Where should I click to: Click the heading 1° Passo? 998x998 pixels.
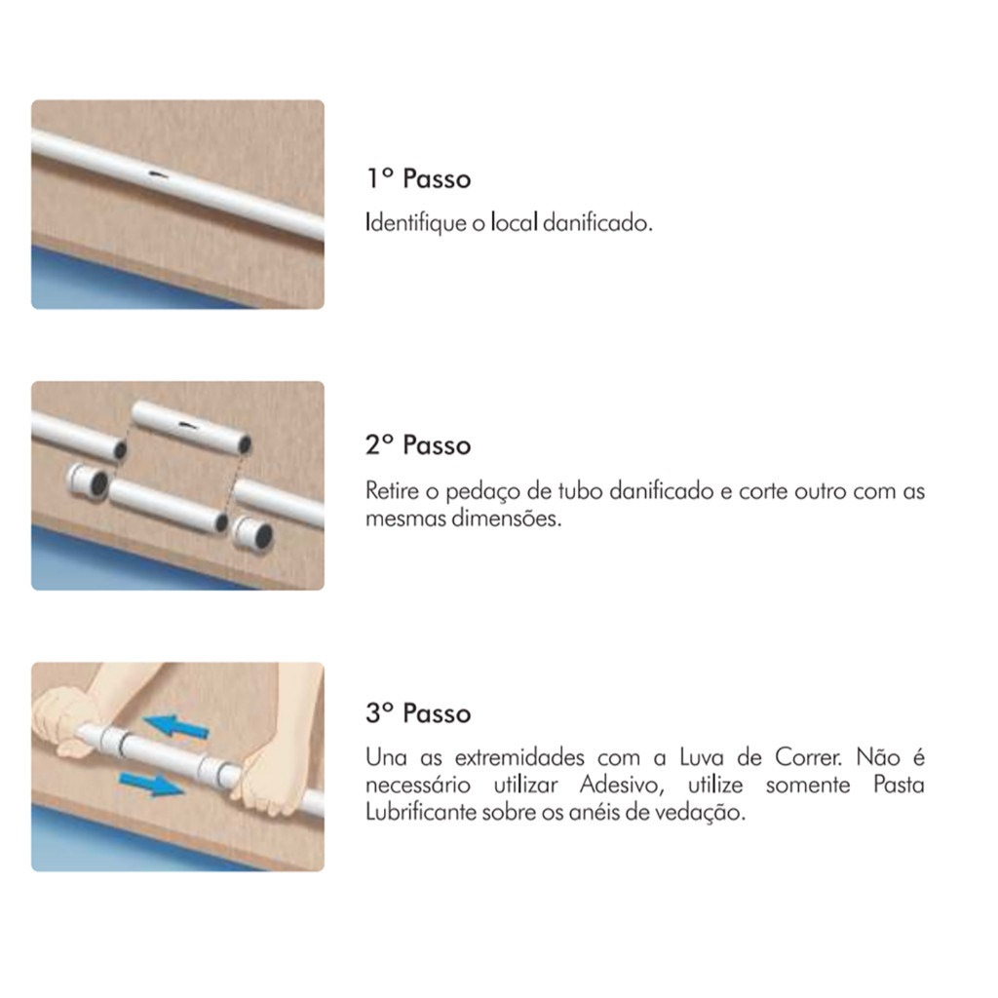click(418, 179)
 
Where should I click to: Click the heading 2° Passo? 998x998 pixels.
click(418, 444)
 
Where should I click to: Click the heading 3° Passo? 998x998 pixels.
click(418, 712)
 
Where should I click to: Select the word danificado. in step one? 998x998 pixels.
click(598, 223)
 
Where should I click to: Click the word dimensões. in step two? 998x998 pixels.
click(507, 518)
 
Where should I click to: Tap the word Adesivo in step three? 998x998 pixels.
click(621, 785)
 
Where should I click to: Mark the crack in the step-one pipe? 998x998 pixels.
click(157, 173)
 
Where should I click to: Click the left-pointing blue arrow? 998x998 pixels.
click(176, 726)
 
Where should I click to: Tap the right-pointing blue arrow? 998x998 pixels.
click(151, 784)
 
